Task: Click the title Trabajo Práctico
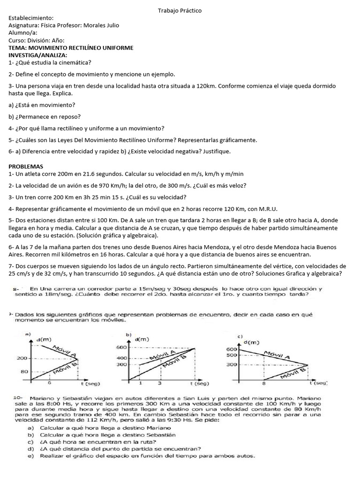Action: (180, 11)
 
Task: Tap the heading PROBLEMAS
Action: (26, 166)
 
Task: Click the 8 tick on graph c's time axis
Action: (264, 383)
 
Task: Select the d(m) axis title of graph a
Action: (43, 338)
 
